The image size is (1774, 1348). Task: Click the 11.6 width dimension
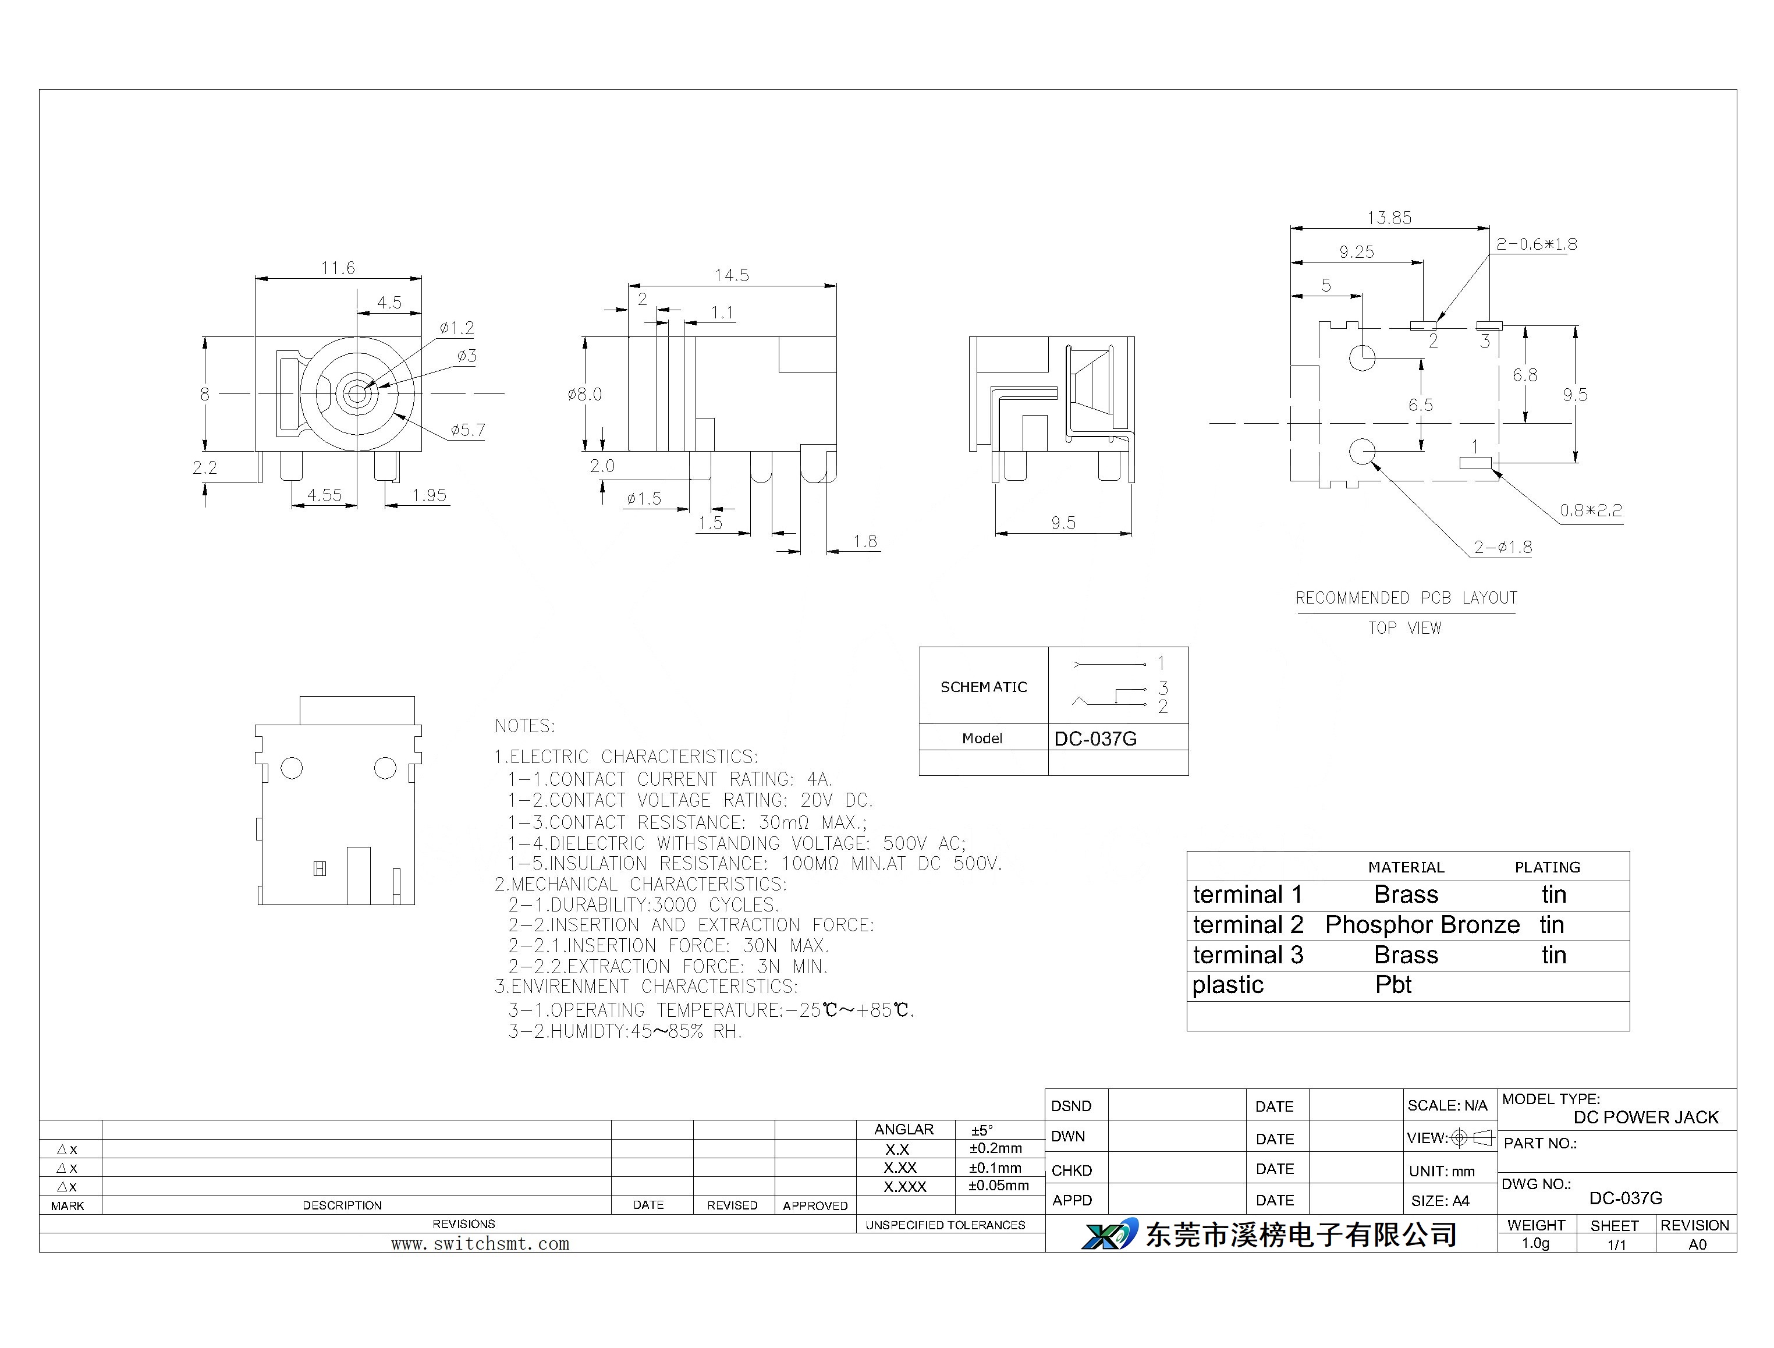[338, 268]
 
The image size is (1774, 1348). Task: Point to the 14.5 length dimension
[732, 275]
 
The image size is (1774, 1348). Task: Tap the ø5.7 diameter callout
[467, 430]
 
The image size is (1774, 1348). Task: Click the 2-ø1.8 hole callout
[1503, 547]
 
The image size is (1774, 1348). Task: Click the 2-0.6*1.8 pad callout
[1537, 244]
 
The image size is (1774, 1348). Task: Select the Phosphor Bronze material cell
[1422, 925]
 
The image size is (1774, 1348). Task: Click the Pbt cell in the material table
[1393, 985]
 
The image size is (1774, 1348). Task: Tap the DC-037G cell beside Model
[1095, 738]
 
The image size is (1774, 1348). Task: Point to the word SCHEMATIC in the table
[984, 687]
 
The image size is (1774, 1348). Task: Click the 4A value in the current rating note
[819, 779]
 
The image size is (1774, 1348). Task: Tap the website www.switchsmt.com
[481, 1244]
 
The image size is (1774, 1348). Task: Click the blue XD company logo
[1110, 1234]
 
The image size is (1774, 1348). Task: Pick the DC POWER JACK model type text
[1645, 1117]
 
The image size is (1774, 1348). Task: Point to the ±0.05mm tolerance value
[998, 1185]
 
